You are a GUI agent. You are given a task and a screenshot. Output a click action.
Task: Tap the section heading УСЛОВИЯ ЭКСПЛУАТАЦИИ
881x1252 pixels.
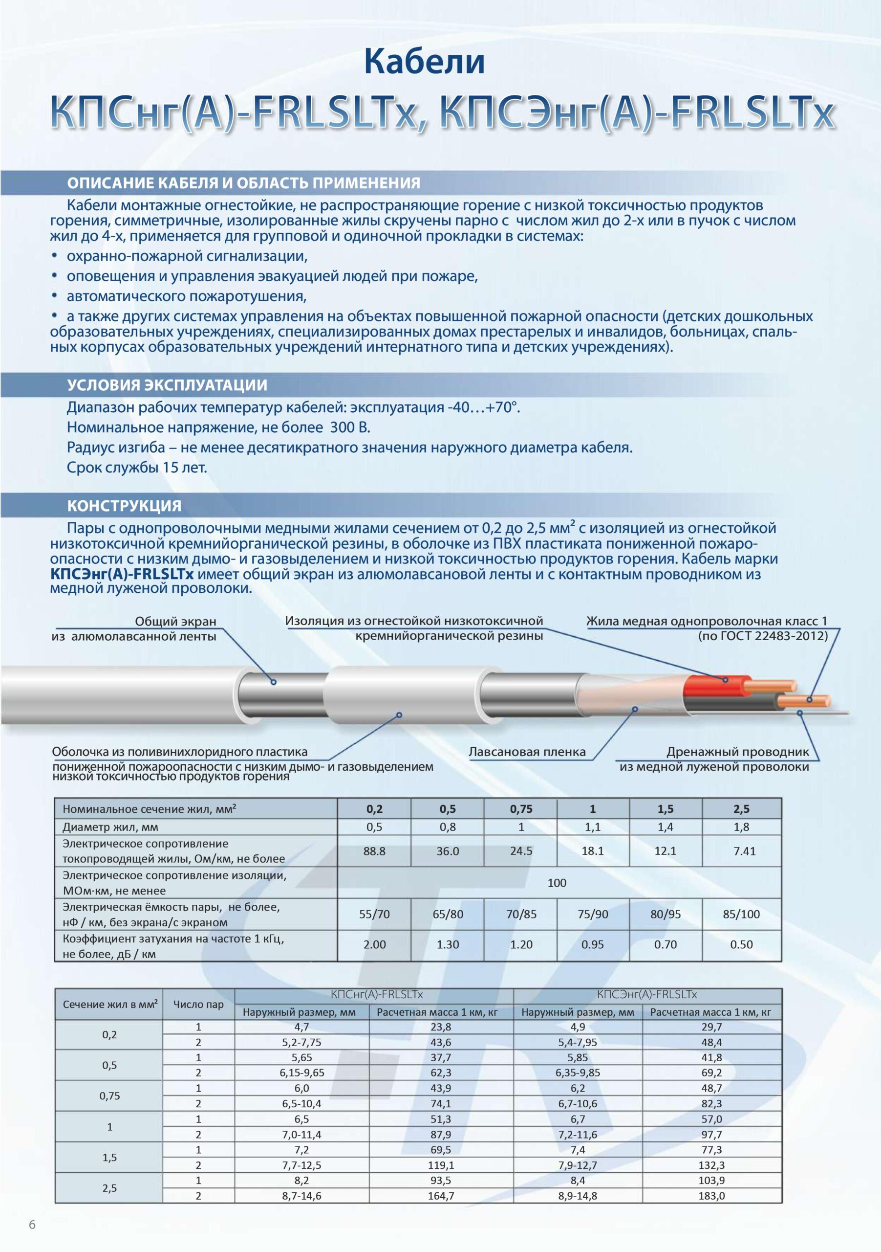click(x=167, y=385)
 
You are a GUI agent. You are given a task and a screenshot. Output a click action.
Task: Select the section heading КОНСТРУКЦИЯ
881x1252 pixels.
click(x=124, y=506)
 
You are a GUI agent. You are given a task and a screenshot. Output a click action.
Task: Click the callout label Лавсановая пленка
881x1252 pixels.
click(x=527, y=752)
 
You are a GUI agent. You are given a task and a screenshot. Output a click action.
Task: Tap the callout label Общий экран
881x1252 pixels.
click(x=175, y=621)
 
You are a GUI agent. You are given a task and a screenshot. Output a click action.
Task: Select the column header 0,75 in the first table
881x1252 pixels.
click(x=521, y=809)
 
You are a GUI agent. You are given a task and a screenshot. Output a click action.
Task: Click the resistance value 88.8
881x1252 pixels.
click(x=374, y=851)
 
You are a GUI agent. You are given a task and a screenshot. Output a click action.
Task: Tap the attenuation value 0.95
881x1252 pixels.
click(x=592, y=945)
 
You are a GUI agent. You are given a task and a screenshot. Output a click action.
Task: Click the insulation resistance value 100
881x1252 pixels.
click(x=557, y=883)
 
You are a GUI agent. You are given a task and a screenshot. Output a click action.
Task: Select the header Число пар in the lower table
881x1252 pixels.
click(x=198, y=1005)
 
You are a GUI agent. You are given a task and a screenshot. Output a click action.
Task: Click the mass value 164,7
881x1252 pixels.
click(x=441, y=1196)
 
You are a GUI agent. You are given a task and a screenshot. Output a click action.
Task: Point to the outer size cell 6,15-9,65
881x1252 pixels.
click(x=302, y=1073)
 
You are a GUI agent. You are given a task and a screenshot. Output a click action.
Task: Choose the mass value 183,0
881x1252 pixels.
click(x=711, y=1196)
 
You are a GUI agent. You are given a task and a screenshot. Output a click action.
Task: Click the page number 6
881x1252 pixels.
click(x=32, y=1225)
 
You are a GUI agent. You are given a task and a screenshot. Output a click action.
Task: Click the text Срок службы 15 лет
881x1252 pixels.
click(x=137, y=468)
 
